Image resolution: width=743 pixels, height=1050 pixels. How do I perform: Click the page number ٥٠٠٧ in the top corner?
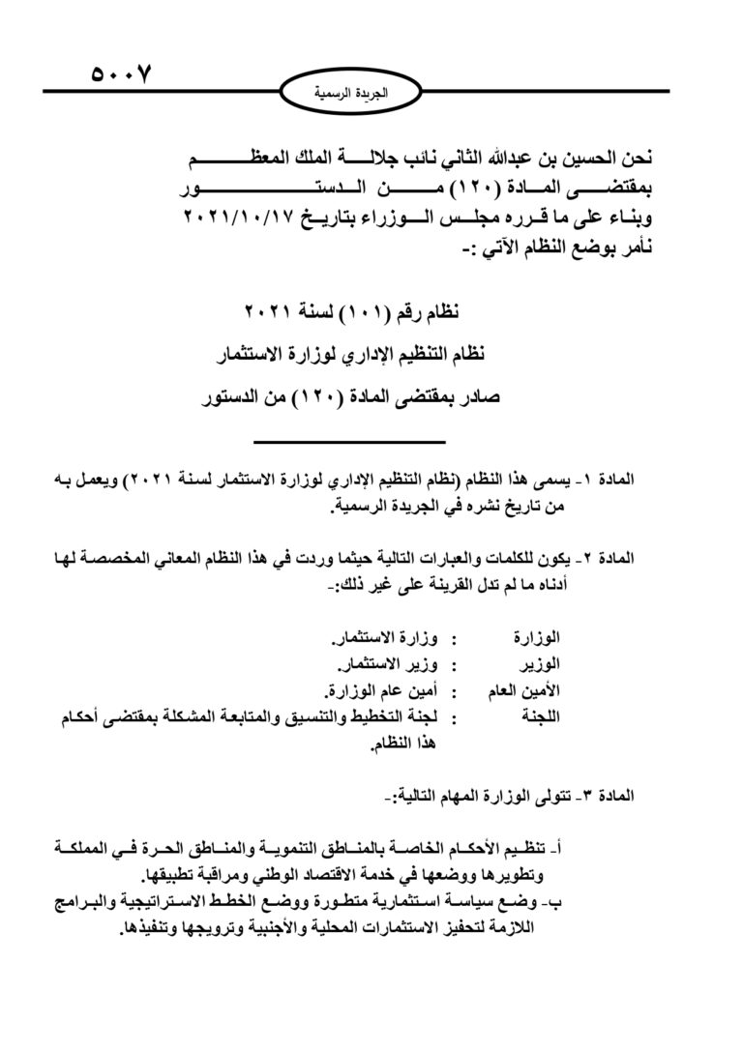[122, 73]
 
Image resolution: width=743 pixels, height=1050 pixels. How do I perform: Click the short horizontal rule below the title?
[348, 442]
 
